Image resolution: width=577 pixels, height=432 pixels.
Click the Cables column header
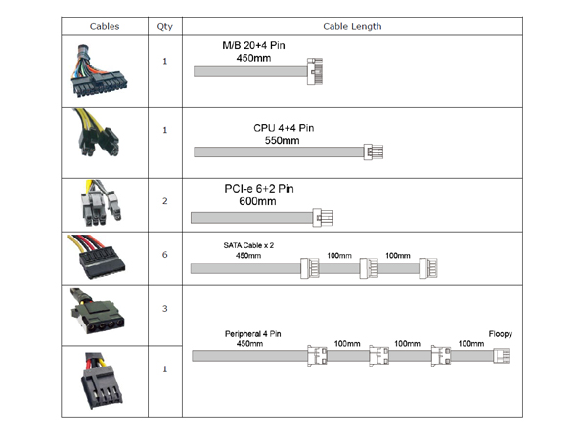[105, 26]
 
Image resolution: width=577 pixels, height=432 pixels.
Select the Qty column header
[165, 26]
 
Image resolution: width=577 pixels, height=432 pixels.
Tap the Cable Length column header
[352, 26]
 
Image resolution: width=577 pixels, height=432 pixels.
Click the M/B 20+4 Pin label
[253, 45]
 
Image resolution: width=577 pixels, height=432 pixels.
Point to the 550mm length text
[282, 140]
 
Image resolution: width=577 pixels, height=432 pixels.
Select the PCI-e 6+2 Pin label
[259, 189]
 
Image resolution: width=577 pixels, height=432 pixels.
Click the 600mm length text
[257, 201]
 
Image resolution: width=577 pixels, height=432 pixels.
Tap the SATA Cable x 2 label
[248, 245]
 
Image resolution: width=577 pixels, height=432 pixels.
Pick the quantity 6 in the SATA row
[165, 255]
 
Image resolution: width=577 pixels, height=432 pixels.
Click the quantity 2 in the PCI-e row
[165, 201]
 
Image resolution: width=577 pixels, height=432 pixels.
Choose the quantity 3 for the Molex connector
[165, 309]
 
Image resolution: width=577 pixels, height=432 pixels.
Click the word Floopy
[500, 334]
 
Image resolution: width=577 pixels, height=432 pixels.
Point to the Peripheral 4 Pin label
[253, 334]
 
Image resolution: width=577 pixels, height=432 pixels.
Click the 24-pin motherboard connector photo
[99, 70]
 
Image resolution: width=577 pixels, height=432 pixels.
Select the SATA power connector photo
[97, 256]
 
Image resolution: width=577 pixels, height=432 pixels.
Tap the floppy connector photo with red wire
[101, 380]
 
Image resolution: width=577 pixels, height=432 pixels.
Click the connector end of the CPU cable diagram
[374, 151]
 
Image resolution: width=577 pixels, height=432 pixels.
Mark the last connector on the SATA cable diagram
[428, 268]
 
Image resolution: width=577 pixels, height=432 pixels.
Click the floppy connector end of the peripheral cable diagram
[501, 356]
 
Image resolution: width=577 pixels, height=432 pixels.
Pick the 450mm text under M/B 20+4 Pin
[253, 58]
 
